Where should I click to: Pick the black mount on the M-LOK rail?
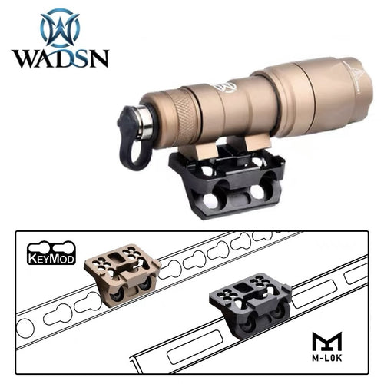pyautogui.click(x=250, y=310)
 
